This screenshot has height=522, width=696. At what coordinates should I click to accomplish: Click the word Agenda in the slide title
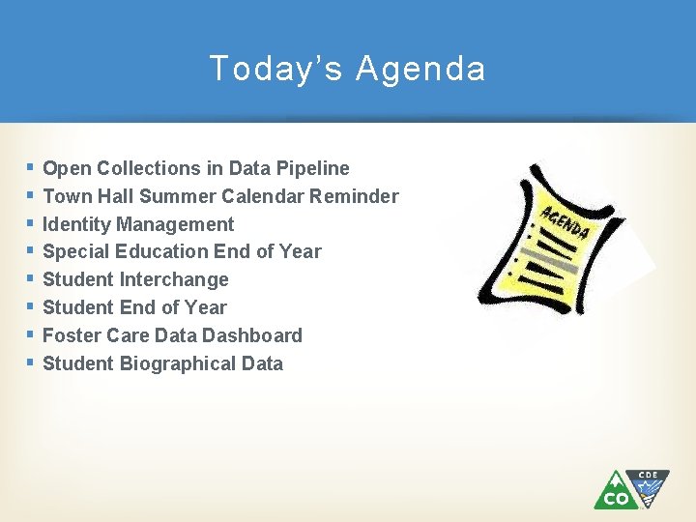pos(420,69)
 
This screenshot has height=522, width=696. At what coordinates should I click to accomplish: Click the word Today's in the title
pos(273,69)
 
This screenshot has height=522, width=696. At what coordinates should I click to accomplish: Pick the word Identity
pos(77,224)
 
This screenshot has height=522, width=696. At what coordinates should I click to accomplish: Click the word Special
pos(77,251)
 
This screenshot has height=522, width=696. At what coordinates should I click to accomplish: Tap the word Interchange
pos(174,279)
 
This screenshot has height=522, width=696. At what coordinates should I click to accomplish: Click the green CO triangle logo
pos(615,491)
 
